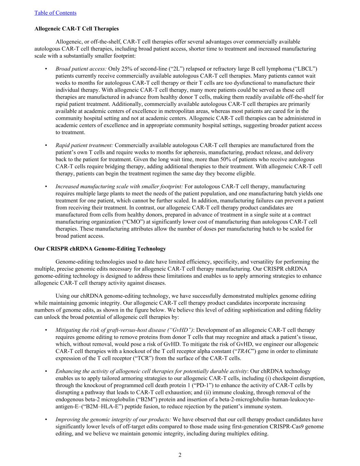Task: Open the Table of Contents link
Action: click(x=55, y=13)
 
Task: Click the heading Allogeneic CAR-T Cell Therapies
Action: click(x=76, y=29)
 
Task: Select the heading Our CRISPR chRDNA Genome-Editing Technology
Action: click(x=100, y=249)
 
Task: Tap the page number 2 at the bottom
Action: click(x=180, y=455)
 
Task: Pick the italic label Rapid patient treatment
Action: click(x=84, y=145)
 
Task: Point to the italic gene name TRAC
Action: click(x=244, y=351)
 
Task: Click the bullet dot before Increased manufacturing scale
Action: click(x=46, y=186)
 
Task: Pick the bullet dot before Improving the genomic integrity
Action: click(x=46, y=420)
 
